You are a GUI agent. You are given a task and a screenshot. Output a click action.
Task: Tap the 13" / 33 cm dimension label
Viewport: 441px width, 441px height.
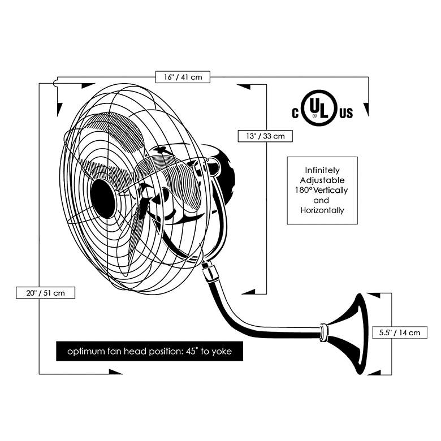pos(265,136)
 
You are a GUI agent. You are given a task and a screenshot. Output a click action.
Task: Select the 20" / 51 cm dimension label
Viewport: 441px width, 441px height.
pos(45,293)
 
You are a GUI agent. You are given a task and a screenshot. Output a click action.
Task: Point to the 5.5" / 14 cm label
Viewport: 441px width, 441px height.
pos(400,332)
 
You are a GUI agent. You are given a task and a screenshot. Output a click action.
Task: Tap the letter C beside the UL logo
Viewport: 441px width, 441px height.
pos(295,114)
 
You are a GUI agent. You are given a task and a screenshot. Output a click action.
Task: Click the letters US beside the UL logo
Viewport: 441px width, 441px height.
pos(345,114)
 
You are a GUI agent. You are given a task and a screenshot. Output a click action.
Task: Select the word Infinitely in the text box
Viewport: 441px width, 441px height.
pos(322,170)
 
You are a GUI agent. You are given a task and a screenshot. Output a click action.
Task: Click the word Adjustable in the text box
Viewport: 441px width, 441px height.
pos(322,180)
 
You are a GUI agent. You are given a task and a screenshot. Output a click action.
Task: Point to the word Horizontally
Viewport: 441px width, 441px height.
pos(322,210)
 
